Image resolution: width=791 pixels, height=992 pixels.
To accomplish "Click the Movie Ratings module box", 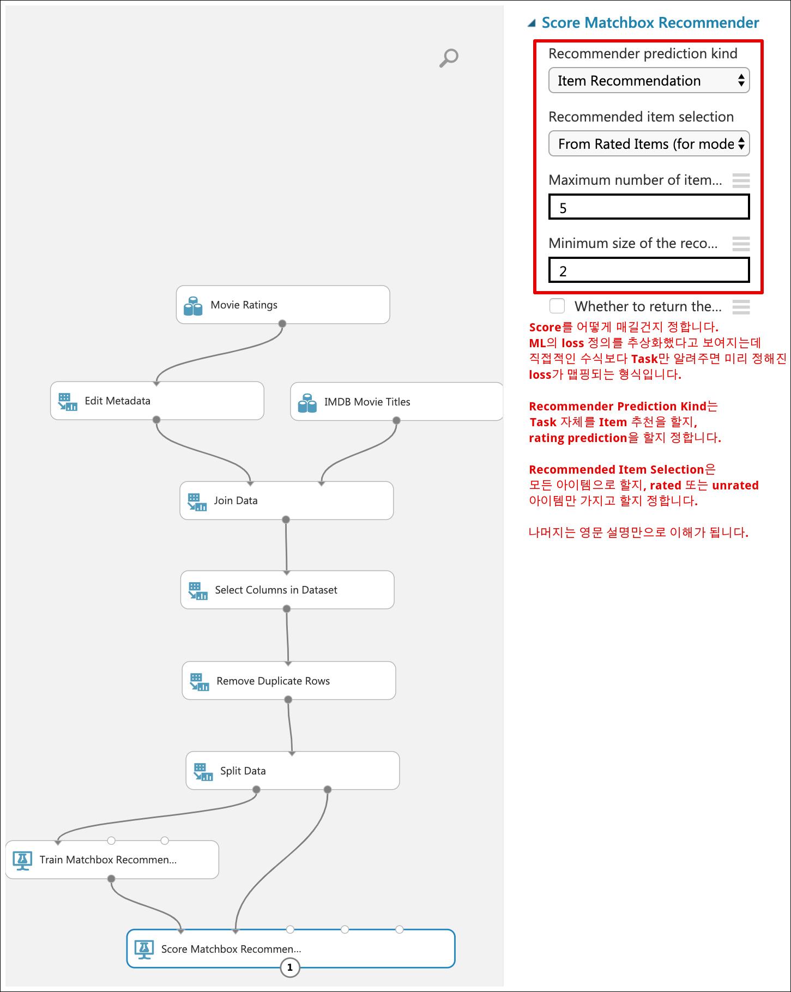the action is (x=283, y=305).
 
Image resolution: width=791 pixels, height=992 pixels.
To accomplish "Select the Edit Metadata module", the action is (x=157, y=401).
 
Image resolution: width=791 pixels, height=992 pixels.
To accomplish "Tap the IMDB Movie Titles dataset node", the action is (x=396, y=402).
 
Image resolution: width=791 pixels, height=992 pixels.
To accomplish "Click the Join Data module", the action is (x=287, y=500).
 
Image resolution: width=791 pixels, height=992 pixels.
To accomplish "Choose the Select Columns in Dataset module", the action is (x=287, y=590).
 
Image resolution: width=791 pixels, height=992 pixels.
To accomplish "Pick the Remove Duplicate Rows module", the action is (x=289, y=681).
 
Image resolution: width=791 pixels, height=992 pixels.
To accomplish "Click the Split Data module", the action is (x=293, y=771).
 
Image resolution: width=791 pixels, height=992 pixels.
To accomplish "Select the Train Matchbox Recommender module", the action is (x=112, y=860).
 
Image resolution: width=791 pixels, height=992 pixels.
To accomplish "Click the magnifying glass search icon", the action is (x=449, y=58).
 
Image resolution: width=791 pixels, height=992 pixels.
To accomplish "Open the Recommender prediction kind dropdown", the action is (x=649, y=81).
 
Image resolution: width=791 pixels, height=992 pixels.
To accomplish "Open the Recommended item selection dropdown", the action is (x=649, y=144).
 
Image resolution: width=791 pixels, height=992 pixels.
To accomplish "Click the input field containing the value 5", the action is (x=649, y=207).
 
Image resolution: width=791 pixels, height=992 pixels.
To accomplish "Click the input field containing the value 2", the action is (x=649, y=270).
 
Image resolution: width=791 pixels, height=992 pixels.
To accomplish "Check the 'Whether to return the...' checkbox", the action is (x=557, y=306).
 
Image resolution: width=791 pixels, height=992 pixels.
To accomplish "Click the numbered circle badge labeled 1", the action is (x=290, y=967).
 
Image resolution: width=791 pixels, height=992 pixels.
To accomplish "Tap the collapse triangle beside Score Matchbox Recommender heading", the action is (x=532, y=23).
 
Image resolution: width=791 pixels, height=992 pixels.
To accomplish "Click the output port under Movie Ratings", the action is (x=282, y=324).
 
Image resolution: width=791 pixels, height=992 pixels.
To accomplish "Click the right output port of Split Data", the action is (x=328, y=790).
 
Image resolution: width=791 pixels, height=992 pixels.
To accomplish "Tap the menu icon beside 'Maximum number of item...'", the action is (x=741, y=180).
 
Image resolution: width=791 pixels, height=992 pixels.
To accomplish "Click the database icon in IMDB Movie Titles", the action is (x=307, y=403).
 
